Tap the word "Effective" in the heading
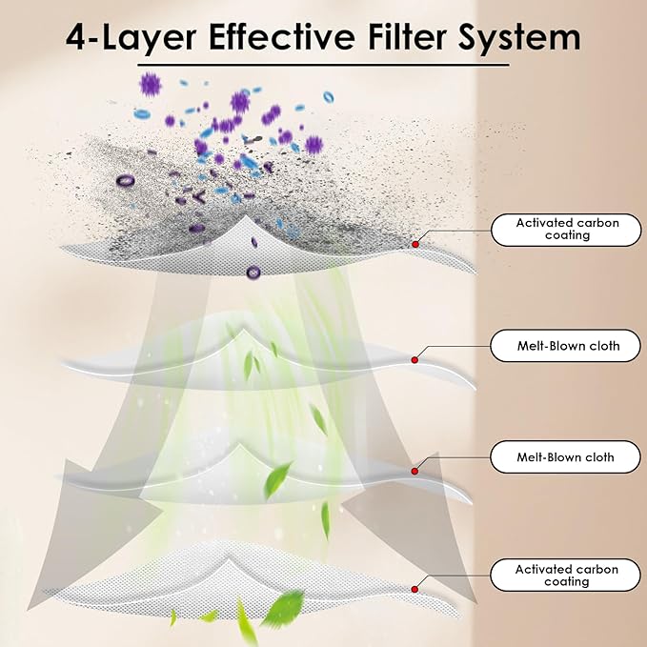coord(282,37)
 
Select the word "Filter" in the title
coord(407,37)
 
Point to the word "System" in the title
coord(519,39)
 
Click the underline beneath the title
coord(323,65)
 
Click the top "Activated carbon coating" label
coord(566,230)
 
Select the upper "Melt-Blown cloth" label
coord(565,346)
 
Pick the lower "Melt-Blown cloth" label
coord(565,457)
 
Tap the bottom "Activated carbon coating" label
coord(565,576)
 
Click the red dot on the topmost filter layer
coord(415,244)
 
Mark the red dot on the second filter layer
coord(414,360)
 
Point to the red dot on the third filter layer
coord(414,472)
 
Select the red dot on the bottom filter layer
coord(414,589)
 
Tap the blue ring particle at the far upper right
coord(329,97)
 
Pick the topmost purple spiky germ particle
coord(151,85)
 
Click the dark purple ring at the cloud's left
coord(125,180)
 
